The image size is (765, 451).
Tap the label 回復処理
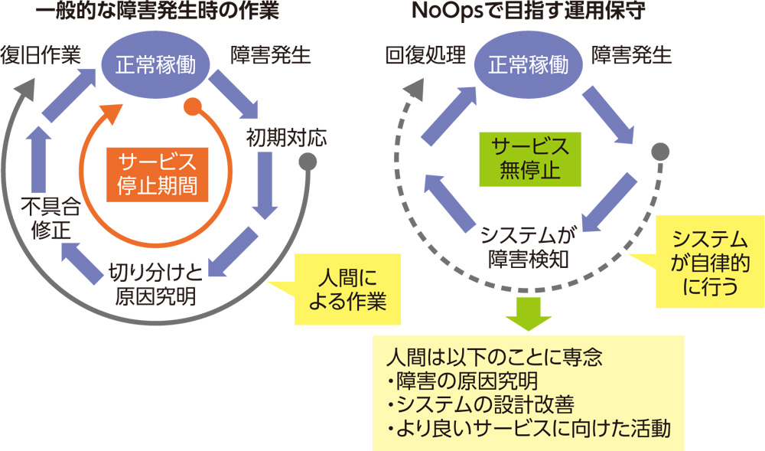[x=425, y=56]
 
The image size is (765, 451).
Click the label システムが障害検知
[x=526, y=245]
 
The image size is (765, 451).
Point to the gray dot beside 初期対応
[x=308, y=162]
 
